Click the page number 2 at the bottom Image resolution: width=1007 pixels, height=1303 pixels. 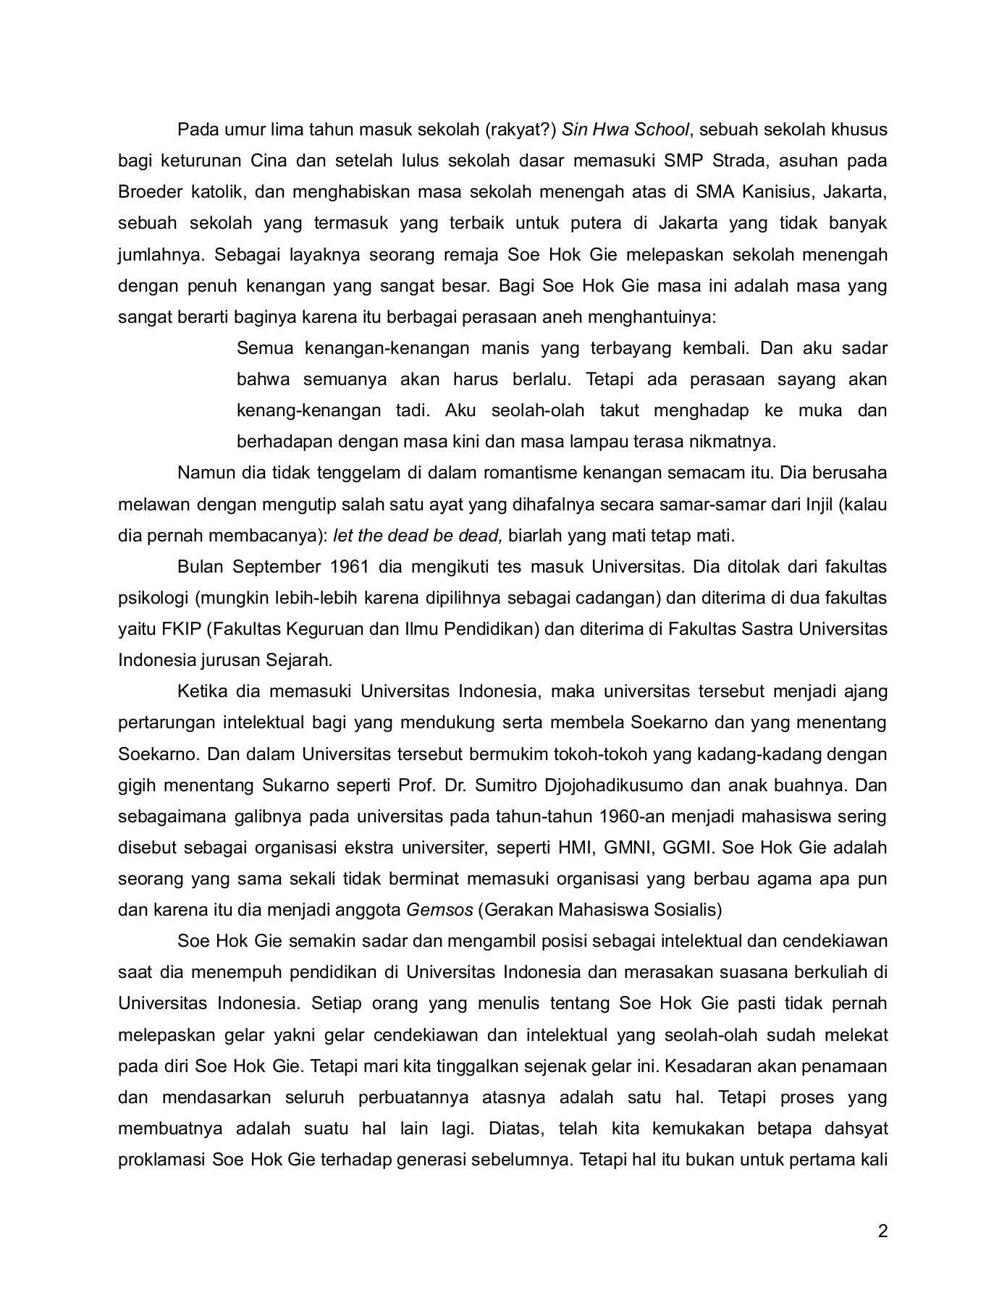[x=882, y=1231]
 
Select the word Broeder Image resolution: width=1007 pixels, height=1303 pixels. [x=150, y=192]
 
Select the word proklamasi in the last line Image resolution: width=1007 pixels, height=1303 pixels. [x=161, y=1160]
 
